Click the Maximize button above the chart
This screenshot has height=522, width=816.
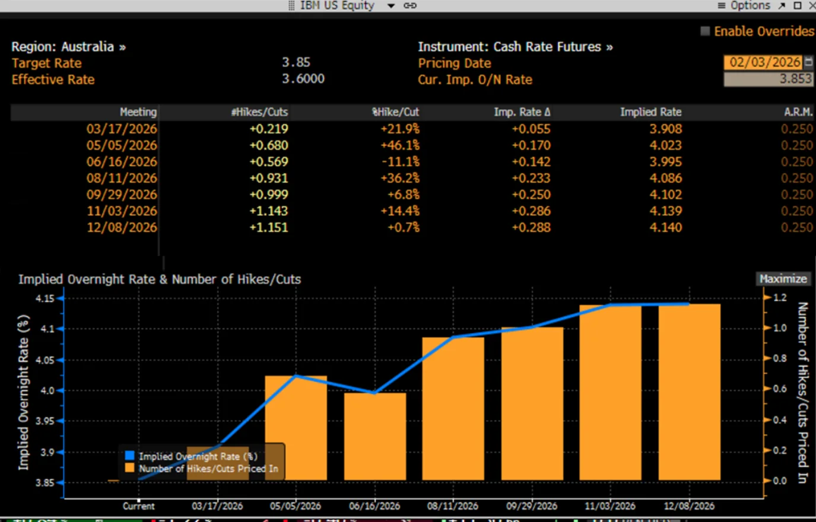[783, 279]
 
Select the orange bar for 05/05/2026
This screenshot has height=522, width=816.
[296, 427]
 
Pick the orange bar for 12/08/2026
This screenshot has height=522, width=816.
[689, 391]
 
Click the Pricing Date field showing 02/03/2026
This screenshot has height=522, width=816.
[764, 62]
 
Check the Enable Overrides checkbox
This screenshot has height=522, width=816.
[705, 31]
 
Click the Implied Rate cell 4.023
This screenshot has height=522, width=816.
[665, 145]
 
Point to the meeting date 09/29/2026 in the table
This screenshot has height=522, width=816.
[122, 195]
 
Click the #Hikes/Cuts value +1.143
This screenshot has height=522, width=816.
[268, 211]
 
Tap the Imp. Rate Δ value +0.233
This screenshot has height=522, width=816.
[531, 178]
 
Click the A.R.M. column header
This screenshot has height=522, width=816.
[798, 112]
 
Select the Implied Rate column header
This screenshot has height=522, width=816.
[650, 112]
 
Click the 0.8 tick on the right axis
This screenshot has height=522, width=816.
[779, 358]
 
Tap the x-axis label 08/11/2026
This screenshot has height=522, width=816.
[452, 506]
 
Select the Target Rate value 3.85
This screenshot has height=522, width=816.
[296, 62]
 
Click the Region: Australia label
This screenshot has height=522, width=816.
[68, 47]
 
